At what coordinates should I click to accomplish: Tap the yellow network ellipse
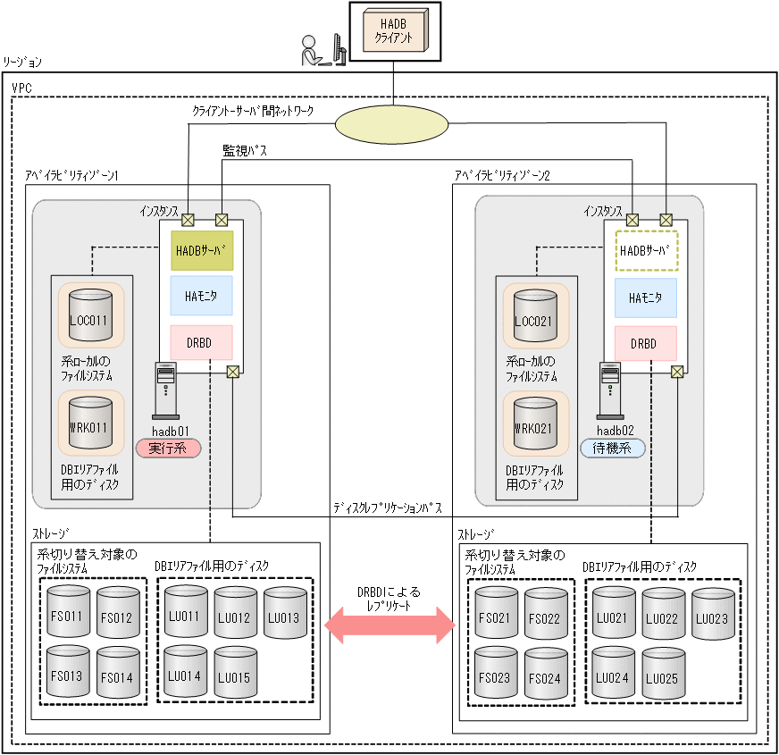(x=393, y=122)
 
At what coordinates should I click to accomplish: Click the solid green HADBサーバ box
(x=201, y=252)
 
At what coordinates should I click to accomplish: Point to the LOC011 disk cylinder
(x=89, y=315)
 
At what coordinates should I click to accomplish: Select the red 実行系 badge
(x=168, y=448)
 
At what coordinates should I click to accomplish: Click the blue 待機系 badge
(x=613, y=448)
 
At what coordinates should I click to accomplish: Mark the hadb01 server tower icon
(x=166, y=390)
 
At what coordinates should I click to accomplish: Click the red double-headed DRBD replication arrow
(x=389, y=626)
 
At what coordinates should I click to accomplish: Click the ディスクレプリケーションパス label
(x=387, y=508)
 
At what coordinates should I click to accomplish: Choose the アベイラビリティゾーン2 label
(x=502, y=176)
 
